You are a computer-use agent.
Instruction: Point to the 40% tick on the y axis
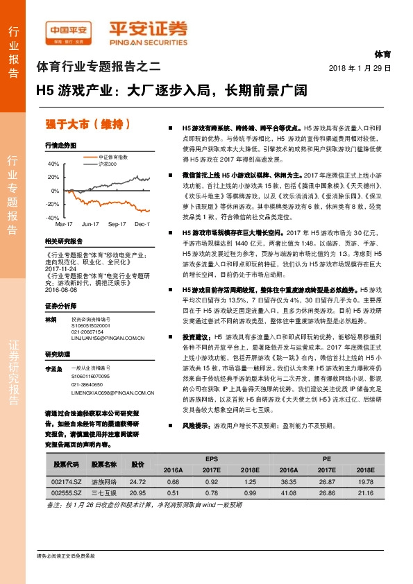click(x=53, y=164)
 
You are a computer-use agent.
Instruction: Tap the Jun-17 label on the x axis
click(x=90, y=225)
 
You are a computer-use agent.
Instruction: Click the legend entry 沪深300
click(x=106, y=164)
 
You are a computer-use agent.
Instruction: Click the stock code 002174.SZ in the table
click(x=67, y=481)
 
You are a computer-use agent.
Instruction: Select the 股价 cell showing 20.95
click(x=137, y=492)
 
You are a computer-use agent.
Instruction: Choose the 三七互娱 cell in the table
click(x=106, y=492)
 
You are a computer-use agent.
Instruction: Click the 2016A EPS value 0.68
click(x=174, y=481)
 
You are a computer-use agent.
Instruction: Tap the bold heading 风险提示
click(x=197, y=424)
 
